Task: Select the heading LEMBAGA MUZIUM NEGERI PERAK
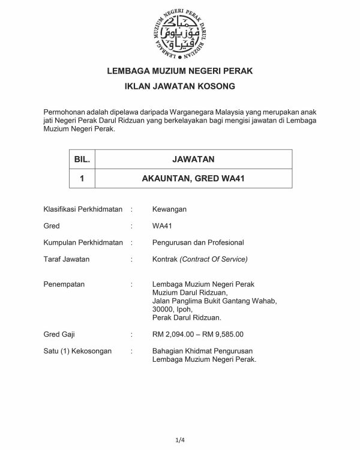[x=179, y=71]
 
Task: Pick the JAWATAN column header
[x=193, y=159]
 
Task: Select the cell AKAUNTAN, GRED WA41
[x=193, y=178]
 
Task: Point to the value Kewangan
[x=170, y=209]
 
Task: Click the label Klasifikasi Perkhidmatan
[x=83, y=209]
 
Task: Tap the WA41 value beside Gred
[x=163, y=226]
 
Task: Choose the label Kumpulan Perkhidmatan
[x=83, y=243]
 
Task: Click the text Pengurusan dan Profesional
[x=198, y=243]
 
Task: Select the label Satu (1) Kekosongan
[x=77, y=351]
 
